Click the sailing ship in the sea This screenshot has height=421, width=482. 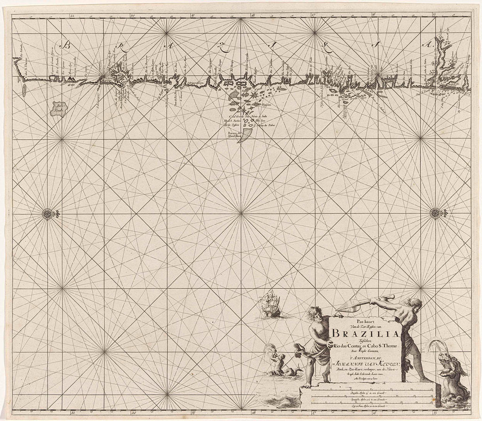pos(270,304)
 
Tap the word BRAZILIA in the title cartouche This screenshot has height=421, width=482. pos(365,334)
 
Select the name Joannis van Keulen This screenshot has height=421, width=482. pos(366,363)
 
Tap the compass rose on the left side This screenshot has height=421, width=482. pos(48,214)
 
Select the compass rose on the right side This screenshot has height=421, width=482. pos(435,214)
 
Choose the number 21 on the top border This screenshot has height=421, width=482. pos(72,16)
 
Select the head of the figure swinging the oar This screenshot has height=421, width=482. pos(415,302)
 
